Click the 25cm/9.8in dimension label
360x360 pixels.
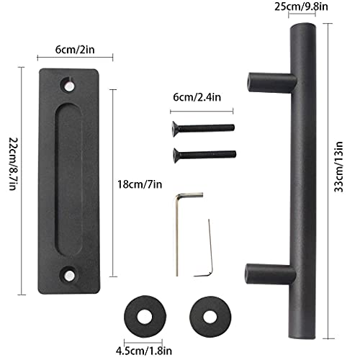[x=301, y=6]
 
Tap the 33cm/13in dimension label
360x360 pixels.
[x=338, y=167]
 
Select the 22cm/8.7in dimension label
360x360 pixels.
[x=13, y=164]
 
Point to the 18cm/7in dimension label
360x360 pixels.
[x=140, y=184]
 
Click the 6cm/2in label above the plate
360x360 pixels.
[x=75, y=50]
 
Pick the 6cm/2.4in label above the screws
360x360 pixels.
[x=197, y=97]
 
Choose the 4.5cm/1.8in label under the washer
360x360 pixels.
[x=144, y=351]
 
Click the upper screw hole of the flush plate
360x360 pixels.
[x=69, y=86]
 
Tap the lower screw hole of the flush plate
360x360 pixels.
[x=68, y=274]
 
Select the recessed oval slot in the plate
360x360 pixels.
[x=69, y=180]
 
